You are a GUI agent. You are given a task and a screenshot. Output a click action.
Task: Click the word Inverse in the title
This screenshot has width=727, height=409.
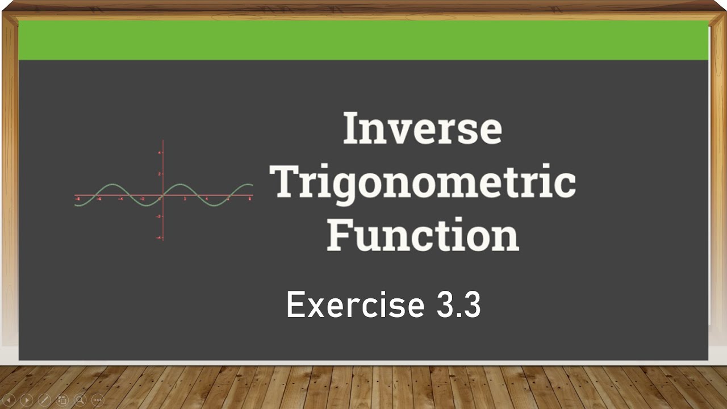click(x=422, y=129)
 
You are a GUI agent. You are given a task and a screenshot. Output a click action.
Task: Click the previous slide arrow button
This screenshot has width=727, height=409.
click(x=9, y=400)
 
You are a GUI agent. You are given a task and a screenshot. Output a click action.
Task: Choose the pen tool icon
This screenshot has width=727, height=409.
click(x=44, y=400)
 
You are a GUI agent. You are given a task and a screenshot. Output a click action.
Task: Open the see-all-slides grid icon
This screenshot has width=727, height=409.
click(x=62, y=400)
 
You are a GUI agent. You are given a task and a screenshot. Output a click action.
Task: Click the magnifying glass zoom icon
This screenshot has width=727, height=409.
click(x=80, y=400)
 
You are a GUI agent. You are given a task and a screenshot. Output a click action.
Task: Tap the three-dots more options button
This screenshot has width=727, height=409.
click(x=98, y=400)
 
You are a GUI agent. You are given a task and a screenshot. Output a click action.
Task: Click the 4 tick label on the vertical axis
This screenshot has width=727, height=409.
click(x=160, y=153)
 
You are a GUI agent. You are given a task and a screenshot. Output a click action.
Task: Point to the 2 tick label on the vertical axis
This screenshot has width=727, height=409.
click(x=160, y=174)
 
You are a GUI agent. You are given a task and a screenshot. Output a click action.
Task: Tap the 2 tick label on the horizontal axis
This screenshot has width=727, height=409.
click(x=185, y=199)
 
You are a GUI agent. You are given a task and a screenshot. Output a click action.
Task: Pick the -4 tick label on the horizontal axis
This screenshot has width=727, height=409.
click(x=120, y=199)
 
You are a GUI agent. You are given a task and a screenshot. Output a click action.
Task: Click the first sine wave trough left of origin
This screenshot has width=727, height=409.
click(x=147, y=206)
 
